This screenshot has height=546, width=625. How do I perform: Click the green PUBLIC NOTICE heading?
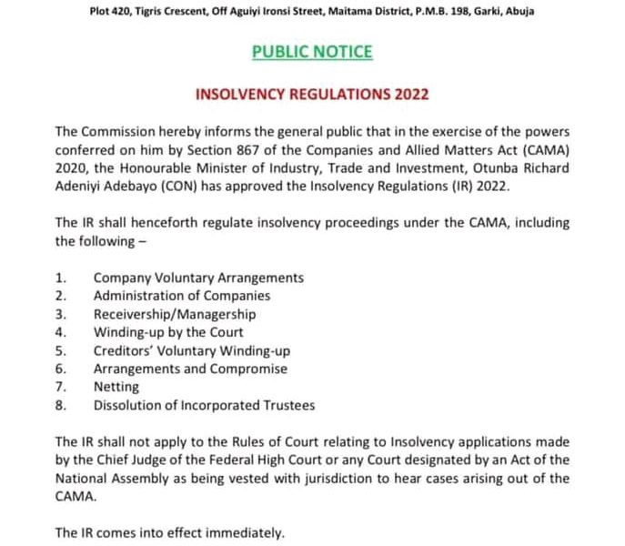click(312, 52)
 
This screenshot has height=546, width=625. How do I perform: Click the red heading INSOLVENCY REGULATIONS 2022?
click(312, 94)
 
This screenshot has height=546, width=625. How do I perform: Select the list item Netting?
click(116, 387)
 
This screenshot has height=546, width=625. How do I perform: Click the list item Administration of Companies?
click(182, 296)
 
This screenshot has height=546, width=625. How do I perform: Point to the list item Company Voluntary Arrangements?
click(198, 278)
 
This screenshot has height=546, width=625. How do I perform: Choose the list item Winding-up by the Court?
click(168, 332)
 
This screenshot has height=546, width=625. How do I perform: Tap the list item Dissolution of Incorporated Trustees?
click(204, 405)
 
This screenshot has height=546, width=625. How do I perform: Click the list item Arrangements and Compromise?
click(190, 369)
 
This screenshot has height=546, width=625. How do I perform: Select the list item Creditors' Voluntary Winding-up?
click(191, 350)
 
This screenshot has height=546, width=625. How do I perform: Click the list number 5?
click(60, 350)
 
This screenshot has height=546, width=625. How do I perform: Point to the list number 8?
click(60, 405)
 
